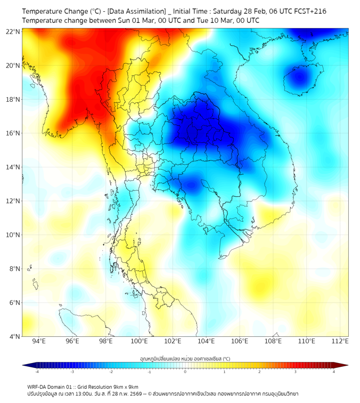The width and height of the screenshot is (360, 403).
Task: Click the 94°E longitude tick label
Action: [39, 341]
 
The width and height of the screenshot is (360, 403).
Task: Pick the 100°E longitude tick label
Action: [139, 341]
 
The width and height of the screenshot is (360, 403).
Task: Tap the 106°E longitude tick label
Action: [240, 341]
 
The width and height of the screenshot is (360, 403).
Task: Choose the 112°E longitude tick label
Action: [340, 341]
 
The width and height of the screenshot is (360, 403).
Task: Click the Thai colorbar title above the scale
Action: [185, 358]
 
